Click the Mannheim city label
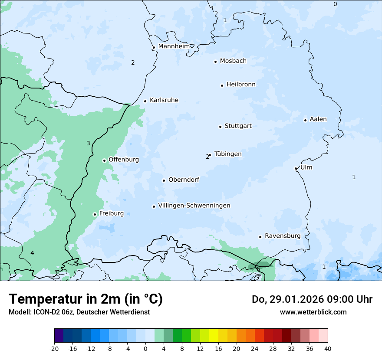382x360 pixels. tap(173, 46)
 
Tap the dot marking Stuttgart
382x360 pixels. tap(220, 127)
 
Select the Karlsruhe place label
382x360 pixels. tap(164, 100)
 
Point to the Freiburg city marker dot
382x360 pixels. tap(95, 214)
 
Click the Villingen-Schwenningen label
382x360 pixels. tap(194, 206)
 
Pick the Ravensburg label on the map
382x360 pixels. tap(282, 236)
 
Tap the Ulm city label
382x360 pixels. tap(306, 167)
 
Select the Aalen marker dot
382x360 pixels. tap(305, 120)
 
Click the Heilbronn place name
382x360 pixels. tap(241, 85)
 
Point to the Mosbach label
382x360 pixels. tap(233, 61)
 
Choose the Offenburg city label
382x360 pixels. tap(124, 160)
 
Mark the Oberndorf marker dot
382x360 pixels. tap(164, 180)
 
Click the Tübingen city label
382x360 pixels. tap(227, 154)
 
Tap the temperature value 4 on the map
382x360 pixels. tap(32, 253)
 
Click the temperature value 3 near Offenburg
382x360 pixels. tap(88, 143)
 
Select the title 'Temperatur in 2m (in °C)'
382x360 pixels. tap(86, 299)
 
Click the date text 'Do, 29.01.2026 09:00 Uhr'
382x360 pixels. tap(312, 299)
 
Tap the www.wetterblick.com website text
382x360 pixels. tap(313, 312)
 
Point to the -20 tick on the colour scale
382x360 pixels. tap(54, 348)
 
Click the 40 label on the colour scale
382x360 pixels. tap(328, 348)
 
